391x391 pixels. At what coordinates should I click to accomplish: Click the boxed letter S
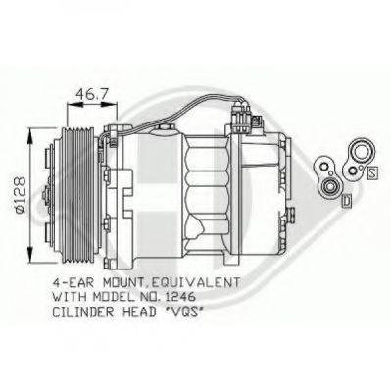(373, 173)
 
